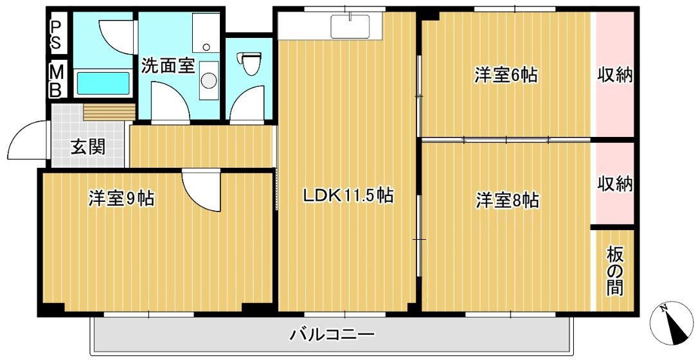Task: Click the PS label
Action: coord(57,34)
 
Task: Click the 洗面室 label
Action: coord(168,66)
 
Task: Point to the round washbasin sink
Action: coord(208,80)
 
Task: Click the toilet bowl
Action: coord(250,64)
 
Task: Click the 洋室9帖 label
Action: coord(121,199)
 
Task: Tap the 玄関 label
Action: coord(88,147)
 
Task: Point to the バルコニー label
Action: coord(332,334)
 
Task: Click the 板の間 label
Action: coord(614,270)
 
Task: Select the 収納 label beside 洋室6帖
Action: coord(615,75)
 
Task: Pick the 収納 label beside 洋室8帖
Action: coord(615,184)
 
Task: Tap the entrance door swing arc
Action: coord(26,141)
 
